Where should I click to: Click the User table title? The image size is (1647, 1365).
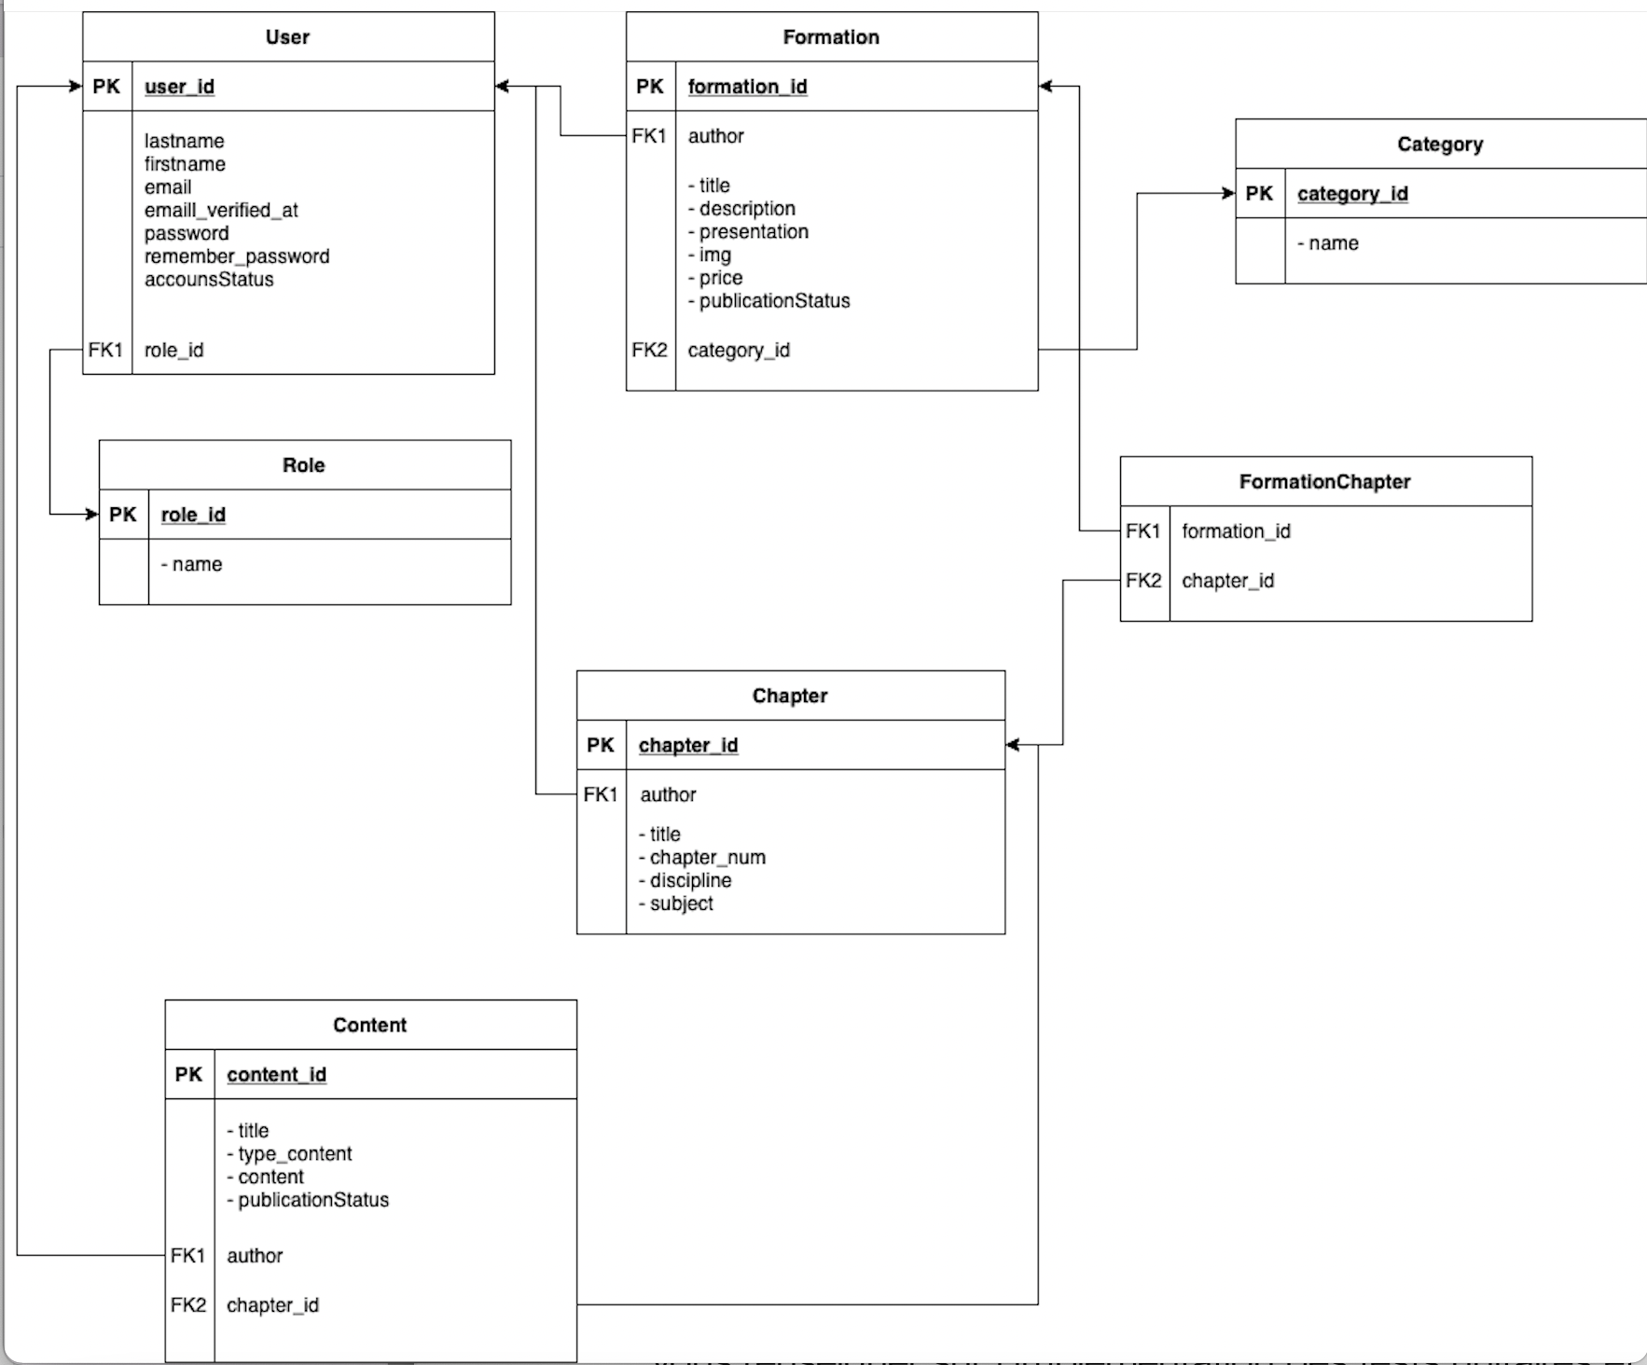(287, 37)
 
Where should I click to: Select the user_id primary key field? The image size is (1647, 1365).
(179, 87)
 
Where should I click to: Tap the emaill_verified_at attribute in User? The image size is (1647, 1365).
(221, 210)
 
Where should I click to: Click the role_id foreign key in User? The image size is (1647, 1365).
(173, 351)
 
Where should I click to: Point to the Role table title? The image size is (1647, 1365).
(304, 465)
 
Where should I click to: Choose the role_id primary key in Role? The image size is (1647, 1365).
(193, 515)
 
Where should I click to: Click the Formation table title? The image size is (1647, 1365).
(831, 37)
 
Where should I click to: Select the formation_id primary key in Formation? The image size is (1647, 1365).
(747, 87)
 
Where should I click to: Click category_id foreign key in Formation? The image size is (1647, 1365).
(739, 351)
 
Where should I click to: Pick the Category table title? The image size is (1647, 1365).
(1440, 145)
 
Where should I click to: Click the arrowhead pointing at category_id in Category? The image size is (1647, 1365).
(1228, 193)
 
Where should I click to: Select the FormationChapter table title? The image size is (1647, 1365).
(1324, 482)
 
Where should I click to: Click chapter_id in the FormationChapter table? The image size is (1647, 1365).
(1227, 581)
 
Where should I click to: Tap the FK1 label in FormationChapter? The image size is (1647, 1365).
(1142, 531)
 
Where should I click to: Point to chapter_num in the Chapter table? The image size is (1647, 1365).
(707, 858)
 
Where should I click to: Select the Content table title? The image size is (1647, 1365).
(370, 1026)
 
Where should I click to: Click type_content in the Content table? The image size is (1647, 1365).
(294, 1154)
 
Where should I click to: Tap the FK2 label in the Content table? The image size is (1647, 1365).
(188, 1305)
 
